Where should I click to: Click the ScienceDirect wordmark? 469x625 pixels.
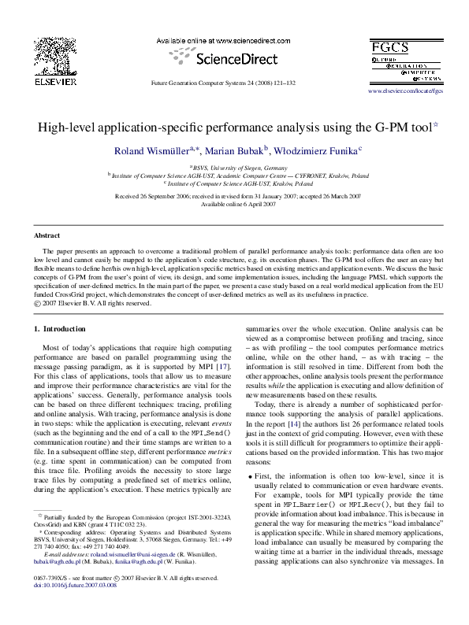(228, 57)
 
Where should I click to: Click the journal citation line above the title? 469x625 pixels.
(223, 83)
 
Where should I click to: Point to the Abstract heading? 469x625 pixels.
(47, 235)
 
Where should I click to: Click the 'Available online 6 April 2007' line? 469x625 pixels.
(234, 204)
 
